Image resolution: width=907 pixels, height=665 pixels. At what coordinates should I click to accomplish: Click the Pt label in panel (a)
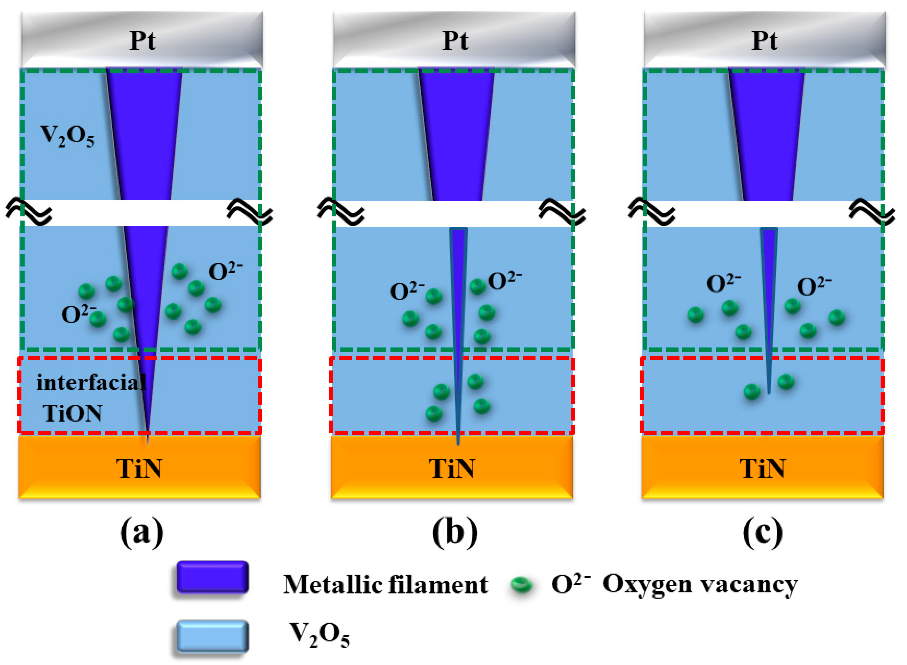point(142,40)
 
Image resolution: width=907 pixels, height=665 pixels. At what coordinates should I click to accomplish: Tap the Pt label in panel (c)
point(764,40)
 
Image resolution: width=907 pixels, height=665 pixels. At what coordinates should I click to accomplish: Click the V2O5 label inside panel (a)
point(67,136)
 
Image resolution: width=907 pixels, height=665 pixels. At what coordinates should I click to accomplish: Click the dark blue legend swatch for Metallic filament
point(212,577)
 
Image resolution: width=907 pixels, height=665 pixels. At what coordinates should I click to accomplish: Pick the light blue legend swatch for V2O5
point(212,636)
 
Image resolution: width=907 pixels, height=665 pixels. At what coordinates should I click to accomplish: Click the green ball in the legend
point(521,584)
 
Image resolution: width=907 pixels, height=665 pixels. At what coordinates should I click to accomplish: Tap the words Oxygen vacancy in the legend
point(700,584)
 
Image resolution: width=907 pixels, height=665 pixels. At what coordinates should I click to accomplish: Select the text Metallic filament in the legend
point(385,584)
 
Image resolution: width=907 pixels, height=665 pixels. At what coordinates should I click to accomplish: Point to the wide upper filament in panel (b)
point(456,133)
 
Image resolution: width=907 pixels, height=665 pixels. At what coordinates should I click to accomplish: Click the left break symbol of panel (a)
point(28,211)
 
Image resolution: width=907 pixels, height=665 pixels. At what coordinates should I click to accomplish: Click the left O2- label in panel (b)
point(407,291)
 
